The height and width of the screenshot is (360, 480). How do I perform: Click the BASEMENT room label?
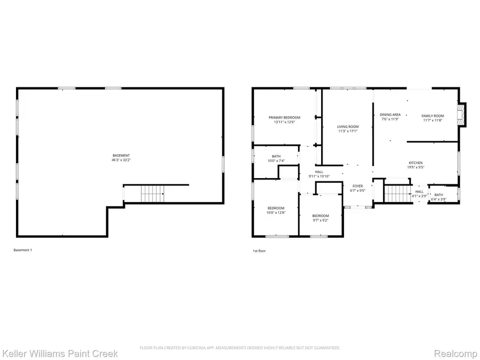tap(121, 155)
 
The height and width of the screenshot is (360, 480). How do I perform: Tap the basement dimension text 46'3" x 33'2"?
tap(121, 160)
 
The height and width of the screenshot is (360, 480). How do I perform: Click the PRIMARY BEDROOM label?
tap(284, 117)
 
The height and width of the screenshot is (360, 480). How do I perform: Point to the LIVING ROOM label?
tap(348, 126)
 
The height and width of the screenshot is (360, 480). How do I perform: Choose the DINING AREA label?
tap(390, 115)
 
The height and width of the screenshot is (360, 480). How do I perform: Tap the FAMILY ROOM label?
tap(433, 116)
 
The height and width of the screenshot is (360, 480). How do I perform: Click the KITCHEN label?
tap(415, 163)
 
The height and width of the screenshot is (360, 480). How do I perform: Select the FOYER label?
tap(357, 186)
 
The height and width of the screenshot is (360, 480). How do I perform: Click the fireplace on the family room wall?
tap(463, 115)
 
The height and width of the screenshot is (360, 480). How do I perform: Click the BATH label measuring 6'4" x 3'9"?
tap(438, 195)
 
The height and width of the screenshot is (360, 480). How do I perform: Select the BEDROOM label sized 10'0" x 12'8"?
tap(276, 208)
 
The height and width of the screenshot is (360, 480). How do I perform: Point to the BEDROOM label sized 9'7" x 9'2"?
tap(321, 215)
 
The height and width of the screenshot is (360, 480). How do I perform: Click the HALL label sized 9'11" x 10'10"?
tap(319, 172)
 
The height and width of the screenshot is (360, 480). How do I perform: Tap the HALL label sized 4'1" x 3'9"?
tap(420, 191)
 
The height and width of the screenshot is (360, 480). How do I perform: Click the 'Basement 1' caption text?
tap(22, 250)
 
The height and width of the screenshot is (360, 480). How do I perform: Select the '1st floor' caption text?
tap(259, 250)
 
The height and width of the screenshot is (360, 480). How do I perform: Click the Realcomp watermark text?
tap(454, 353)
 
